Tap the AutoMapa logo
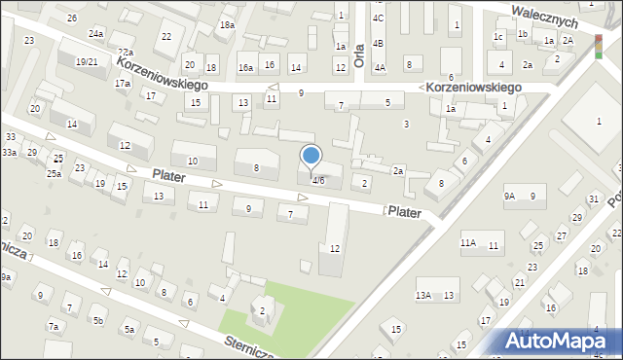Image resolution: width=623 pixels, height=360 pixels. click(561, 341)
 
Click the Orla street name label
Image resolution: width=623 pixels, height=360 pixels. click(359, 48)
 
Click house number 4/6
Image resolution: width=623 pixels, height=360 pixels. click(318, 179)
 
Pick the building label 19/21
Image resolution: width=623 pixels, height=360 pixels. click(87, 61)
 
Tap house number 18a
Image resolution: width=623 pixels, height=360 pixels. click(227, 24)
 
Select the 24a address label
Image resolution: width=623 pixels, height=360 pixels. click(95, 33)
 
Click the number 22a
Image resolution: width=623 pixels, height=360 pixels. click(125, 53)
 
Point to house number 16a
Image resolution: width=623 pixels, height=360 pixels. click(245, 67)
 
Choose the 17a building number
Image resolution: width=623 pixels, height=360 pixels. click(122, 84)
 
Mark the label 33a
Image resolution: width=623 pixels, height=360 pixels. click(9, 153)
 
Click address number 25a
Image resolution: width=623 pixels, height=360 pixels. click(54, 173)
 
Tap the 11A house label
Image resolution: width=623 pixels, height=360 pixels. click(468, 242)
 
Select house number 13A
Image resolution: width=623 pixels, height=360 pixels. click(423, 295)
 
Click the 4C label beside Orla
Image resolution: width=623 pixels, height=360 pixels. click(378, 18)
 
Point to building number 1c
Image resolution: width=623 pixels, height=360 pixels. click(498, 37)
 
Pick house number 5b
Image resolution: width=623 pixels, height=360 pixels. click(97, 320)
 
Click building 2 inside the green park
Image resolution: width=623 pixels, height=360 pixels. click(262, 310)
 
